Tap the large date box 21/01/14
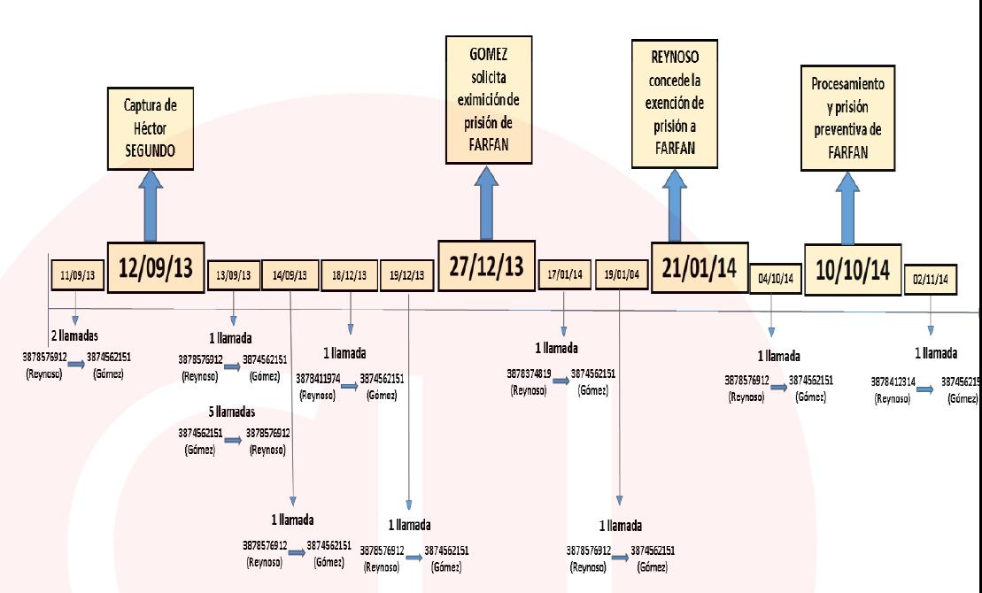tap(699, 266)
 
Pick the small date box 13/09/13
tap(234, 275)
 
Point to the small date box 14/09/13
tap(290, 275)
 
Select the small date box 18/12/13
tap(351, 275)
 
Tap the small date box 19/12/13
tap(408, 275)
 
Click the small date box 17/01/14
tap(565, 275)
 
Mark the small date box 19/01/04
tap(621, 275)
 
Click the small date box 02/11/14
tap(930, 278)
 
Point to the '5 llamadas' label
tap(231, 412)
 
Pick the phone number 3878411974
tap(319, 378)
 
